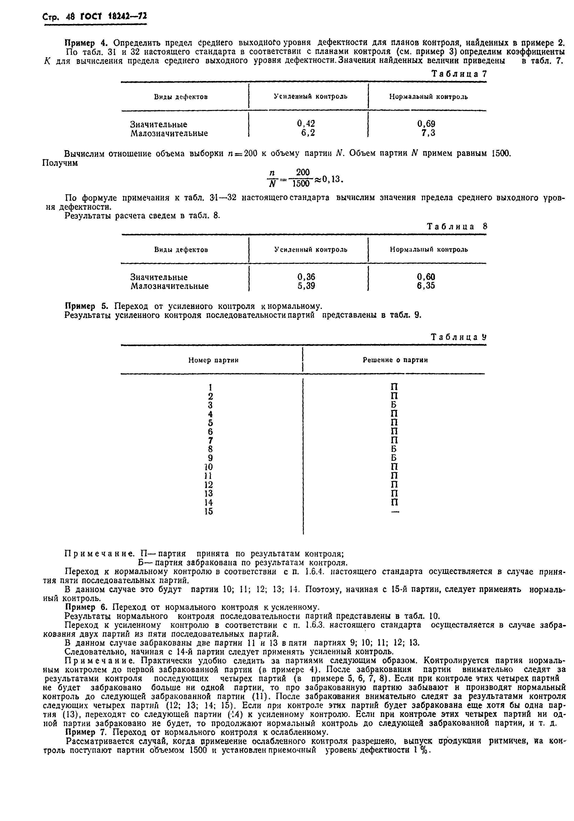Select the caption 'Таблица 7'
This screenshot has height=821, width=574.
(x=459, y=74)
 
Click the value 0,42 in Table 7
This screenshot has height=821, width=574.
(x=306, y=124)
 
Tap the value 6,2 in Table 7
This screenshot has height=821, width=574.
(x=308, y=133)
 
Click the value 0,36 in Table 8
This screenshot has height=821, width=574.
(x=306, y=277)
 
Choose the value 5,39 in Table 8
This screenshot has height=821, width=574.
(x=306, y=286)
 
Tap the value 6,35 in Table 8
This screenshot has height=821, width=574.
(x=426, y=286)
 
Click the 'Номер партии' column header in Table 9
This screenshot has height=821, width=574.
(x=213, y=360)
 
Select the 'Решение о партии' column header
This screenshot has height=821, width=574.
(x=395, y=360)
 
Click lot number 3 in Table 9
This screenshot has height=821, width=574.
(x=210, y=405)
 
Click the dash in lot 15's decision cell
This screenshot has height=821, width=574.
(x=395, y=512)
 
